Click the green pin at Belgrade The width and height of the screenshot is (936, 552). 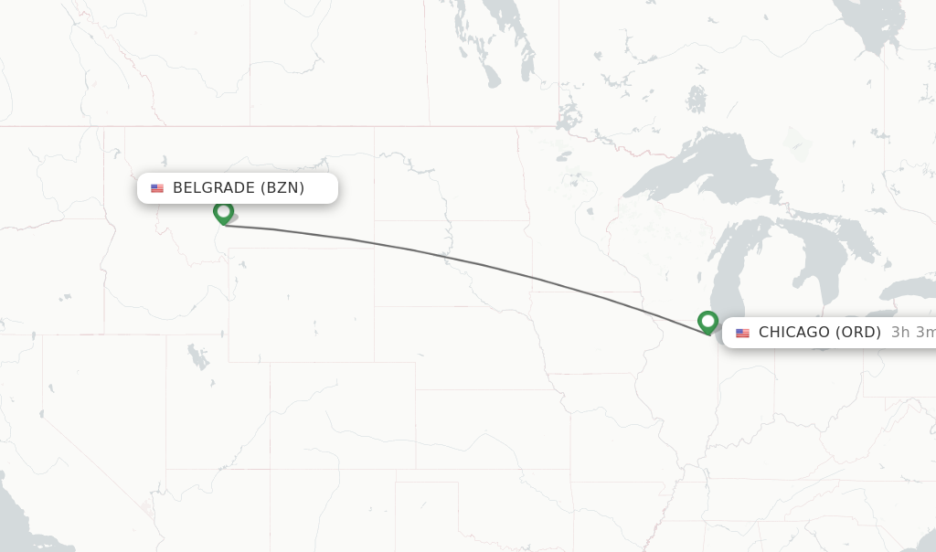(223, 212)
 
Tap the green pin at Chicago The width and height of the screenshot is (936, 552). (707, 322)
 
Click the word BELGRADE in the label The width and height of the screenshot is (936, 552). (214, 188)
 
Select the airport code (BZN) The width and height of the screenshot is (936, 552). (282, 188)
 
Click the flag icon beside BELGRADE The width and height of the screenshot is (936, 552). (157, 188)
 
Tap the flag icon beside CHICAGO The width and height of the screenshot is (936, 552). (742, 333)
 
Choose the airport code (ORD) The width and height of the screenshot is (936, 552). (858, 333)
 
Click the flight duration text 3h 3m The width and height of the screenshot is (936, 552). (912, 333)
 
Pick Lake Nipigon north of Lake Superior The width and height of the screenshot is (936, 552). (697, 97)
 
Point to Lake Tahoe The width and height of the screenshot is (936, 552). (40, 413)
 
